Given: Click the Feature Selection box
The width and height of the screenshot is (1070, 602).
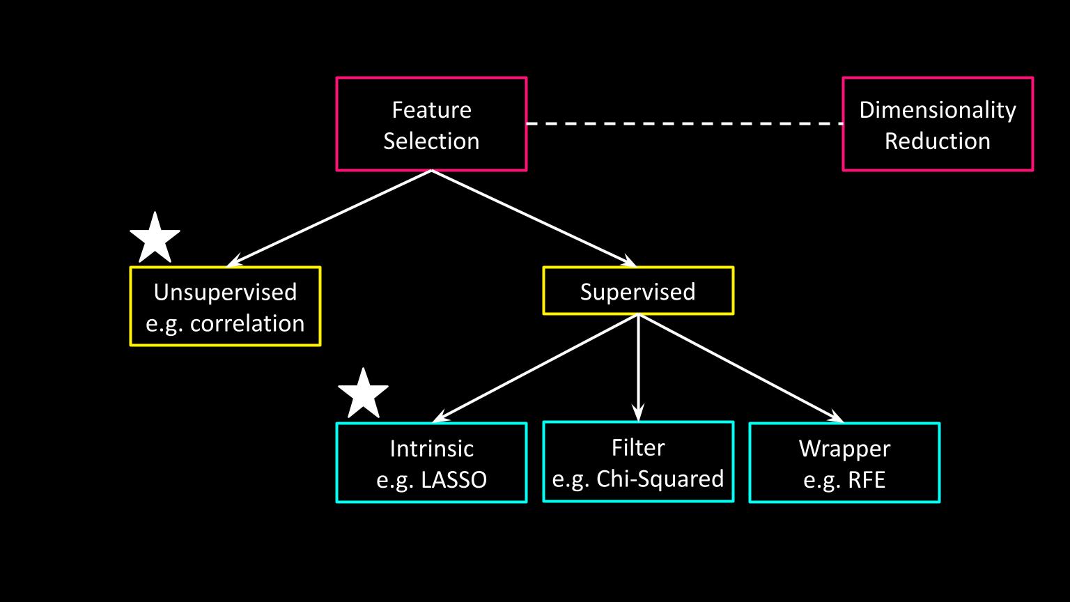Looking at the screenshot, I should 431,124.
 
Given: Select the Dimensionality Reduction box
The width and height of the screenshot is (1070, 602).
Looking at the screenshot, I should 937,124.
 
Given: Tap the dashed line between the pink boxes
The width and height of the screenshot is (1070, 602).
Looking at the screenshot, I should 683,123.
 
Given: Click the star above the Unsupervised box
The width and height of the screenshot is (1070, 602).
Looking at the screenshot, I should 155,238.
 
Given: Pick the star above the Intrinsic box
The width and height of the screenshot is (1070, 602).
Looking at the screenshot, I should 363,394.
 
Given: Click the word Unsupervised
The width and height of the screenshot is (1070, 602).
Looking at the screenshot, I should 225,291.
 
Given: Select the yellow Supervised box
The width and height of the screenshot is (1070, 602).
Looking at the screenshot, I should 637,291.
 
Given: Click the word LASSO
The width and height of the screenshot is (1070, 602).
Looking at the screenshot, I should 454,480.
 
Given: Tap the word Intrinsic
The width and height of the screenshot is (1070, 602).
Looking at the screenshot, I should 431,448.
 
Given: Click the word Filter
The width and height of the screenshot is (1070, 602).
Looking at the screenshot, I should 637,447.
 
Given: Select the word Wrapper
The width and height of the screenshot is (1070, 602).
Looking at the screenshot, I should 844,448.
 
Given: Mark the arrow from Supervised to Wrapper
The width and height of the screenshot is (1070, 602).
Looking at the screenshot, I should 740,368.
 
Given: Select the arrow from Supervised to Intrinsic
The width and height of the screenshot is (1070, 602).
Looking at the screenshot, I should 535,368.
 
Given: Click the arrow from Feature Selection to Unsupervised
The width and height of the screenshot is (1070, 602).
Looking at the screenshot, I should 330,217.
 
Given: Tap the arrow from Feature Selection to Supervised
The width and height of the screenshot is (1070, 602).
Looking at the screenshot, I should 534,217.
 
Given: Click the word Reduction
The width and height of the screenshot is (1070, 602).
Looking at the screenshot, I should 937,141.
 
